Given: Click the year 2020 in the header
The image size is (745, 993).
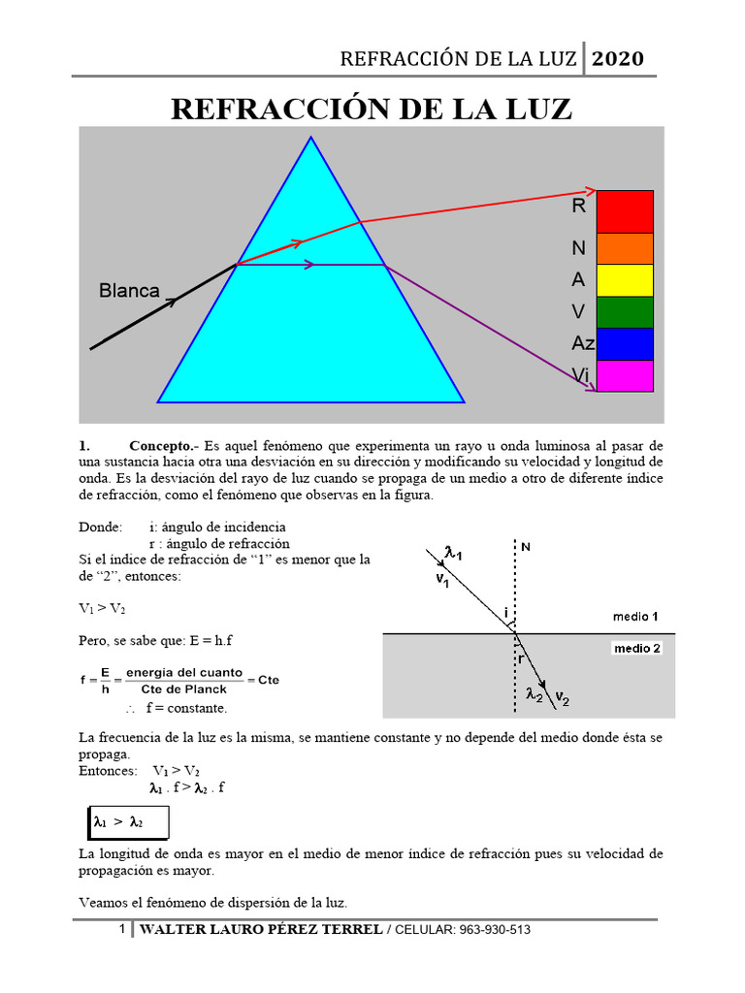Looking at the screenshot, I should click(618, 58).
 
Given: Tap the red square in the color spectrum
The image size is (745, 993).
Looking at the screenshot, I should click(625, 211).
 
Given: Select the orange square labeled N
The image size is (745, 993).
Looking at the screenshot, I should click(625, 248).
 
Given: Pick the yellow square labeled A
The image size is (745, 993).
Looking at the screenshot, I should click(625, 280).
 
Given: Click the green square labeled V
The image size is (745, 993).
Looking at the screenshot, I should click(625, 312).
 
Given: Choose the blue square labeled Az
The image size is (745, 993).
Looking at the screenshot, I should click(625, 344).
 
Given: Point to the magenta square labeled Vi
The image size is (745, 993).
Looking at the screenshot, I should click(625, 375).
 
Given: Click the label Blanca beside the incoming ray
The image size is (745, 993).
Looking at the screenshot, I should click(129, 291).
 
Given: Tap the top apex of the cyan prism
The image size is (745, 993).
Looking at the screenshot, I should click(311, 138).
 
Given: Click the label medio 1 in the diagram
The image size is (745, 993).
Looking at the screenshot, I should click(635, 617).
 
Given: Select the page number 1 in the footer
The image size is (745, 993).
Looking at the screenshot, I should click(122, 930).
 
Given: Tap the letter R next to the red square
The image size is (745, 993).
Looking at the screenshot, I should click(578, 206).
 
